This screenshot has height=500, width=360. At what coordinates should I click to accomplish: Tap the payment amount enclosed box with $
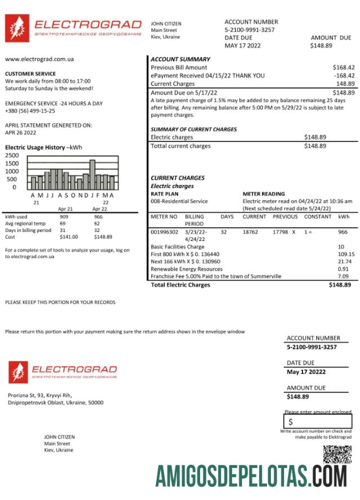[318, 422]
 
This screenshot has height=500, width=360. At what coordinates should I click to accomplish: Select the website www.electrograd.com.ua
[39, 59]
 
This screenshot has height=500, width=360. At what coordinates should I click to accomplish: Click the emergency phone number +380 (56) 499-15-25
[30, 111]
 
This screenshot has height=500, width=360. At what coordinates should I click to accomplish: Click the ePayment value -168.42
[344, 75]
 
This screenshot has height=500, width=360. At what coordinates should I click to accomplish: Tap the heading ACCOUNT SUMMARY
[180, 59]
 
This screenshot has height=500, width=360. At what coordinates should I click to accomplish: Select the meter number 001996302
[165, 231]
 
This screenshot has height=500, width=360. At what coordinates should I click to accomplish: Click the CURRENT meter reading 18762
[251, 231]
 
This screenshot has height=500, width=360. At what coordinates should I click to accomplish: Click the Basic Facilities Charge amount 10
[341, 247]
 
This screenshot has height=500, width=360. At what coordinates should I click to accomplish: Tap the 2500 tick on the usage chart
[12, 155]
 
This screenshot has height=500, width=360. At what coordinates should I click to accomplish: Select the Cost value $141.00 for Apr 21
[69, 237]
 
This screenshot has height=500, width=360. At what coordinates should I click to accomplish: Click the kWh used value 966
[98, 217]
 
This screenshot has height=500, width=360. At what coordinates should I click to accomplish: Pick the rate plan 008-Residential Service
[179, 201]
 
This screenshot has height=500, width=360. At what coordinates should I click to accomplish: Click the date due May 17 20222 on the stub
[306, 372]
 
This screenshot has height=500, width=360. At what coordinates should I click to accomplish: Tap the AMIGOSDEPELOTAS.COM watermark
[251, 476]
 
